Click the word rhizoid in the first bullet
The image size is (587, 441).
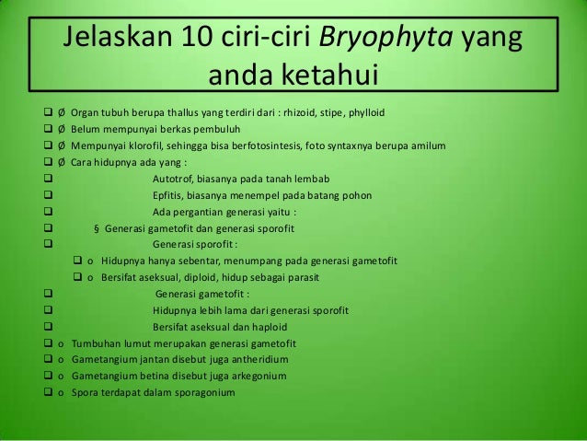coord(310,112)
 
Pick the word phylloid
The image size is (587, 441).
coord(367,112)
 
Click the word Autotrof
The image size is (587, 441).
coord(175,179)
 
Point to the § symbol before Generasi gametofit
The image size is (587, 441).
coord(97,228)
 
